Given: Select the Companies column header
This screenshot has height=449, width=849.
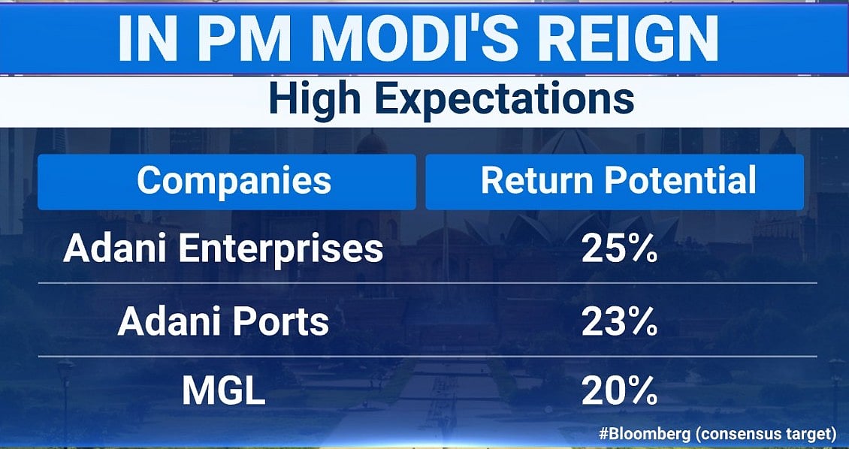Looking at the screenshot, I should tap(234, 181).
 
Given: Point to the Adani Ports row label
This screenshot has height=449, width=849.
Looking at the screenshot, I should tap(223, 322).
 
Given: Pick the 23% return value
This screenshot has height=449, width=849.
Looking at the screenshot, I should tap(620, 322).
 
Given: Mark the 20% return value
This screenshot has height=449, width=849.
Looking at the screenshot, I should tap(620, 393).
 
